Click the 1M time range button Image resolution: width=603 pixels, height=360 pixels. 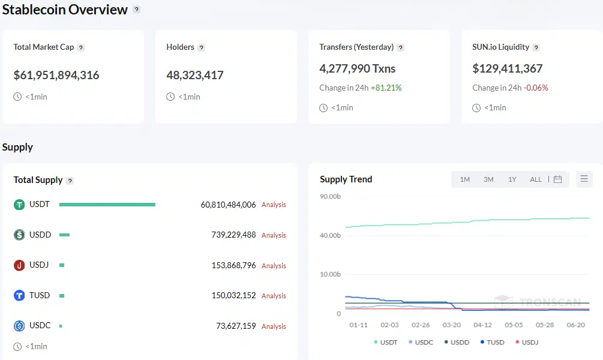coord(464,179)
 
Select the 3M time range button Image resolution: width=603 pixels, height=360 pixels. coord(488,179)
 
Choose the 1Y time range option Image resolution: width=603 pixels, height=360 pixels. coord(512,179)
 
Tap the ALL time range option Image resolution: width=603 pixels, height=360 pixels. coord(536,179)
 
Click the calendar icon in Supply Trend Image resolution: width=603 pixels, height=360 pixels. coord(557,179)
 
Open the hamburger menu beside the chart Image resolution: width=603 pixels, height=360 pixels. coord(584,179)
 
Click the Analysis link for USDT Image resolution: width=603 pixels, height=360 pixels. coord(274,205)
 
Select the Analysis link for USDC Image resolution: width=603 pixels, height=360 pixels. coord(274,326)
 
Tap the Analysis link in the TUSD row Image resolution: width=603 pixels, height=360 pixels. coord(274,296)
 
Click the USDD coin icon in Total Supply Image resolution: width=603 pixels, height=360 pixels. coord(19,235)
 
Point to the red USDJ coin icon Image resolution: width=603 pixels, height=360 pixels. coord(19,265)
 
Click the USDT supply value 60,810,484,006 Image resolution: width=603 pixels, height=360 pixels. coord(228,205)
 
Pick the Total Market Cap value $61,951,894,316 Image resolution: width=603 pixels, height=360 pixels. coord(56,75)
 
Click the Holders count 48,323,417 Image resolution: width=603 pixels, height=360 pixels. coord(195,75)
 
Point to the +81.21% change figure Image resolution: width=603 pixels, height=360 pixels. coord(386,88)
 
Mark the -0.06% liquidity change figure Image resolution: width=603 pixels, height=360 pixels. coord(536,88)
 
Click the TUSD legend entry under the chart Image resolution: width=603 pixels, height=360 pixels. coord(492,343)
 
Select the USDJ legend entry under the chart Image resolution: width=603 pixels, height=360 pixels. coord(526,343)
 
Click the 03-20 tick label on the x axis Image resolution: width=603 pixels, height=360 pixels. coord(452,325)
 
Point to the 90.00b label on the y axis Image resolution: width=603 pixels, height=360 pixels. coord(330,197)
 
